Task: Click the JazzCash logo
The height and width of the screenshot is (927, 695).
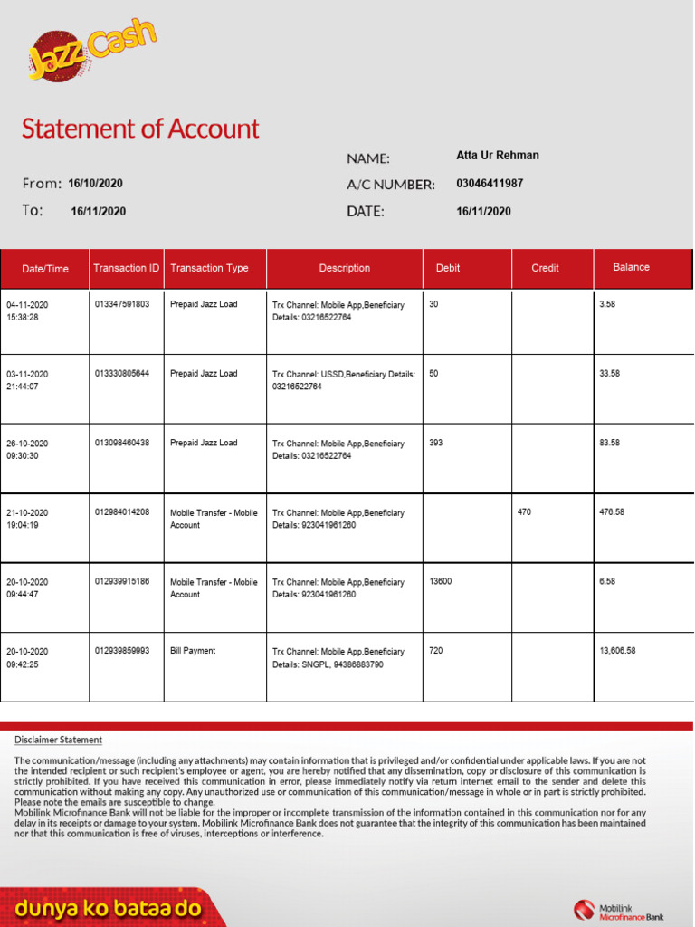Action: (90, 53)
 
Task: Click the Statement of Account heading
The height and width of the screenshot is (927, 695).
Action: (140, 129)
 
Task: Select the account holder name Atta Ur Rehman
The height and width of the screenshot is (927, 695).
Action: (497, 156)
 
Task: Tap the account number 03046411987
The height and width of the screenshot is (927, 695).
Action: (490, 184)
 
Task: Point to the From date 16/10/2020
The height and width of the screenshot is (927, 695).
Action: (95, 184)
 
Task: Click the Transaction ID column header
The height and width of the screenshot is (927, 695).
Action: (126, 268)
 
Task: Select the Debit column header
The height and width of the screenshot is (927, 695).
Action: (448, 268)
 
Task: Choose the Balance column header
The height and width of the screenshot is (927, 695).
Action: (631, 267)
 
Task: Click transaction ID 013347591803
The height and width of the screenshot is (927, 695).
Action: (121, 304)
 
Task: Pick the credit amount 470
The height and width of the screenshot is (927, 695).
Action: (525, 512)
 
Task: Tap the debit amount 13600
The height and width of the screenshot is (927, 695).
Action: (440, 581)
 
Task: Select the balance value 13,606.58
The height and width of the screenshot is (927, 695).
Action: (617, 651)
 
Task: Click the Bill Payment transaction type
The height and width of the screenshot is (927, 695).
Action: (193, 651)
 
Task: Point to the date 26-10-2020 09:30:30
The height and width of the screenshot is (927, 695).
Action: (27, 450)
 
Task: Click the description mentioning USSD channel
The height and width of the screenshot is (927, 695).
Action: (344, 380)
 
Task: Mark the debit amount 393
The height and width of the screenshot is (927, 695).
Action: (436, 443)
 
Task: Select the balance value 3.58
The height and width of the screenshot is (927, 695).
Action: (607, 304)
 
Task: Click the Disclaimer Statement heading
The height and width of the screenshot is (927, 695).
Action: (58, 740)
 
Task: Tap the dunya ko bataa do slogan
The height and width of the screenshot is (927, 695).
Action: (109, 909)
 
